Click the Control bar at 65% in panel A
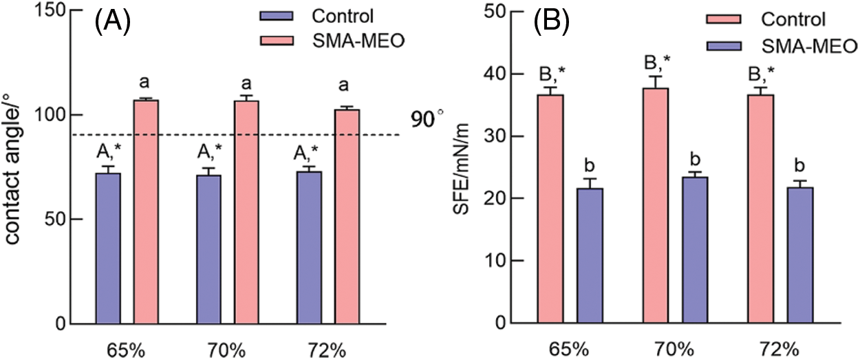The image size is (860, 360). tap(108, 248)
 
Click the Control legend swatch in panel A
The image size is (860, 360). tap(273, 15)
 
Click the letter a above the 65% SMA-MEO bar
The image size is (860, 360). tap(144, 83)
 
